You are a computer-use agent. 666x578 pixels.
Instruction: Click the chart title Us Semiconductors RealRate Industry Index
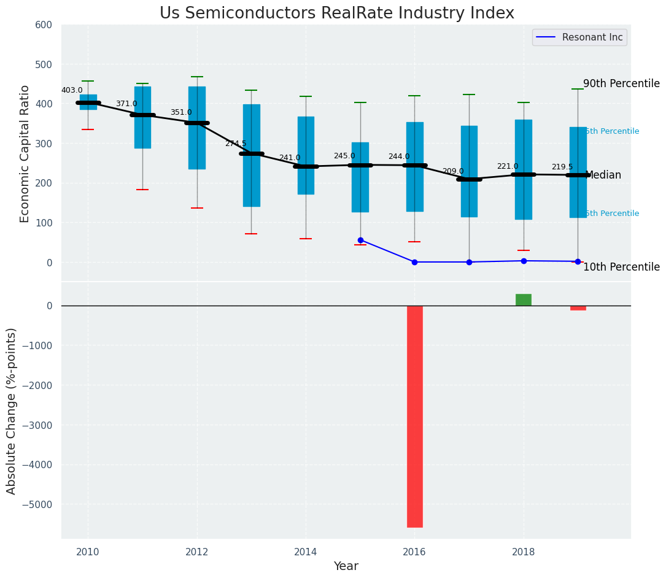pyautogui.click(x=336, y=13)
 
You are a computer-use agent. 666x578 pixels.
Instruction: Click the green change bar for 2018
pyautogui.click(x=524, y=299)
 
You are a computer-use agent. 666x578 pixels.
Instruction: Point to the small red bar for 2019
pyautogui.click(x=578, y=307)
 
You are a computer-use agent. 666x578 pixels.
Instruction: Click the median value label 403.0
pyautogui.click(x=72, y=90)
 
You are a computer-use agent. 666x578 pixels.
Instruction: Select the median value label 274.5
pyautogui.click(x=235, y=144)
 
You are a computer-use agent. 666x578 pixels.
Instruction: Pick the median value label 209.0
pyautogui.click(x=453, y=171)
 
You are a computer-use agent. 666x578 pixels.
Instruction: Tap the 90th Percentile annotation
pyautogui.click(x=621, y=83)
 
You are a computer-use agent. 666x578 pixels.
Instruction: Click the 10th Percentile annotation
pyautogui.click(x=621, y=267)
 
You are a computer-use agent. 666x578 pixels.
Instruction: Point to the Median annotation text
pyautogui.click(x=603, y=175)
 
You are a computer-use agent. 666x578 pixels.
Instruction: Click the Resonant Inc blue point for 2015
pyautogui.click(x=360, y=240)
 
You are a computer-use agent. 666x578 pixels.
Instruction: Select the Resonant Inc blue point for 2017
pyautogui.click(x=469, y=262)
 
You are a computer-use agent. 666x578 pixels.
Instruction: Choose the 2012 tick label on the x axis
pyautogui.click(x=196, y=552)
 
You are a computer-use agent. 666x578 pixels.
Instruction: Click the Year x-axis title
pyautogui.click(x=346, y=566)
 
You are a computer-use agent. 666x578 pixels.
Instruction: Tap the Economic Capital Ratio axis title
pyautogui.click(x=25, y=153)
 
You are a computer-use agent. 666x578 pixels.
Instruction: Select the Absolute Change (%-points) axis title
pyautogui.click(x=12, y=410)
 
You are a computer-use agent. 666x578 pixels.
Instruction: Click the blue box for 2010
pyautogui.click(x=88, y=102)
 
